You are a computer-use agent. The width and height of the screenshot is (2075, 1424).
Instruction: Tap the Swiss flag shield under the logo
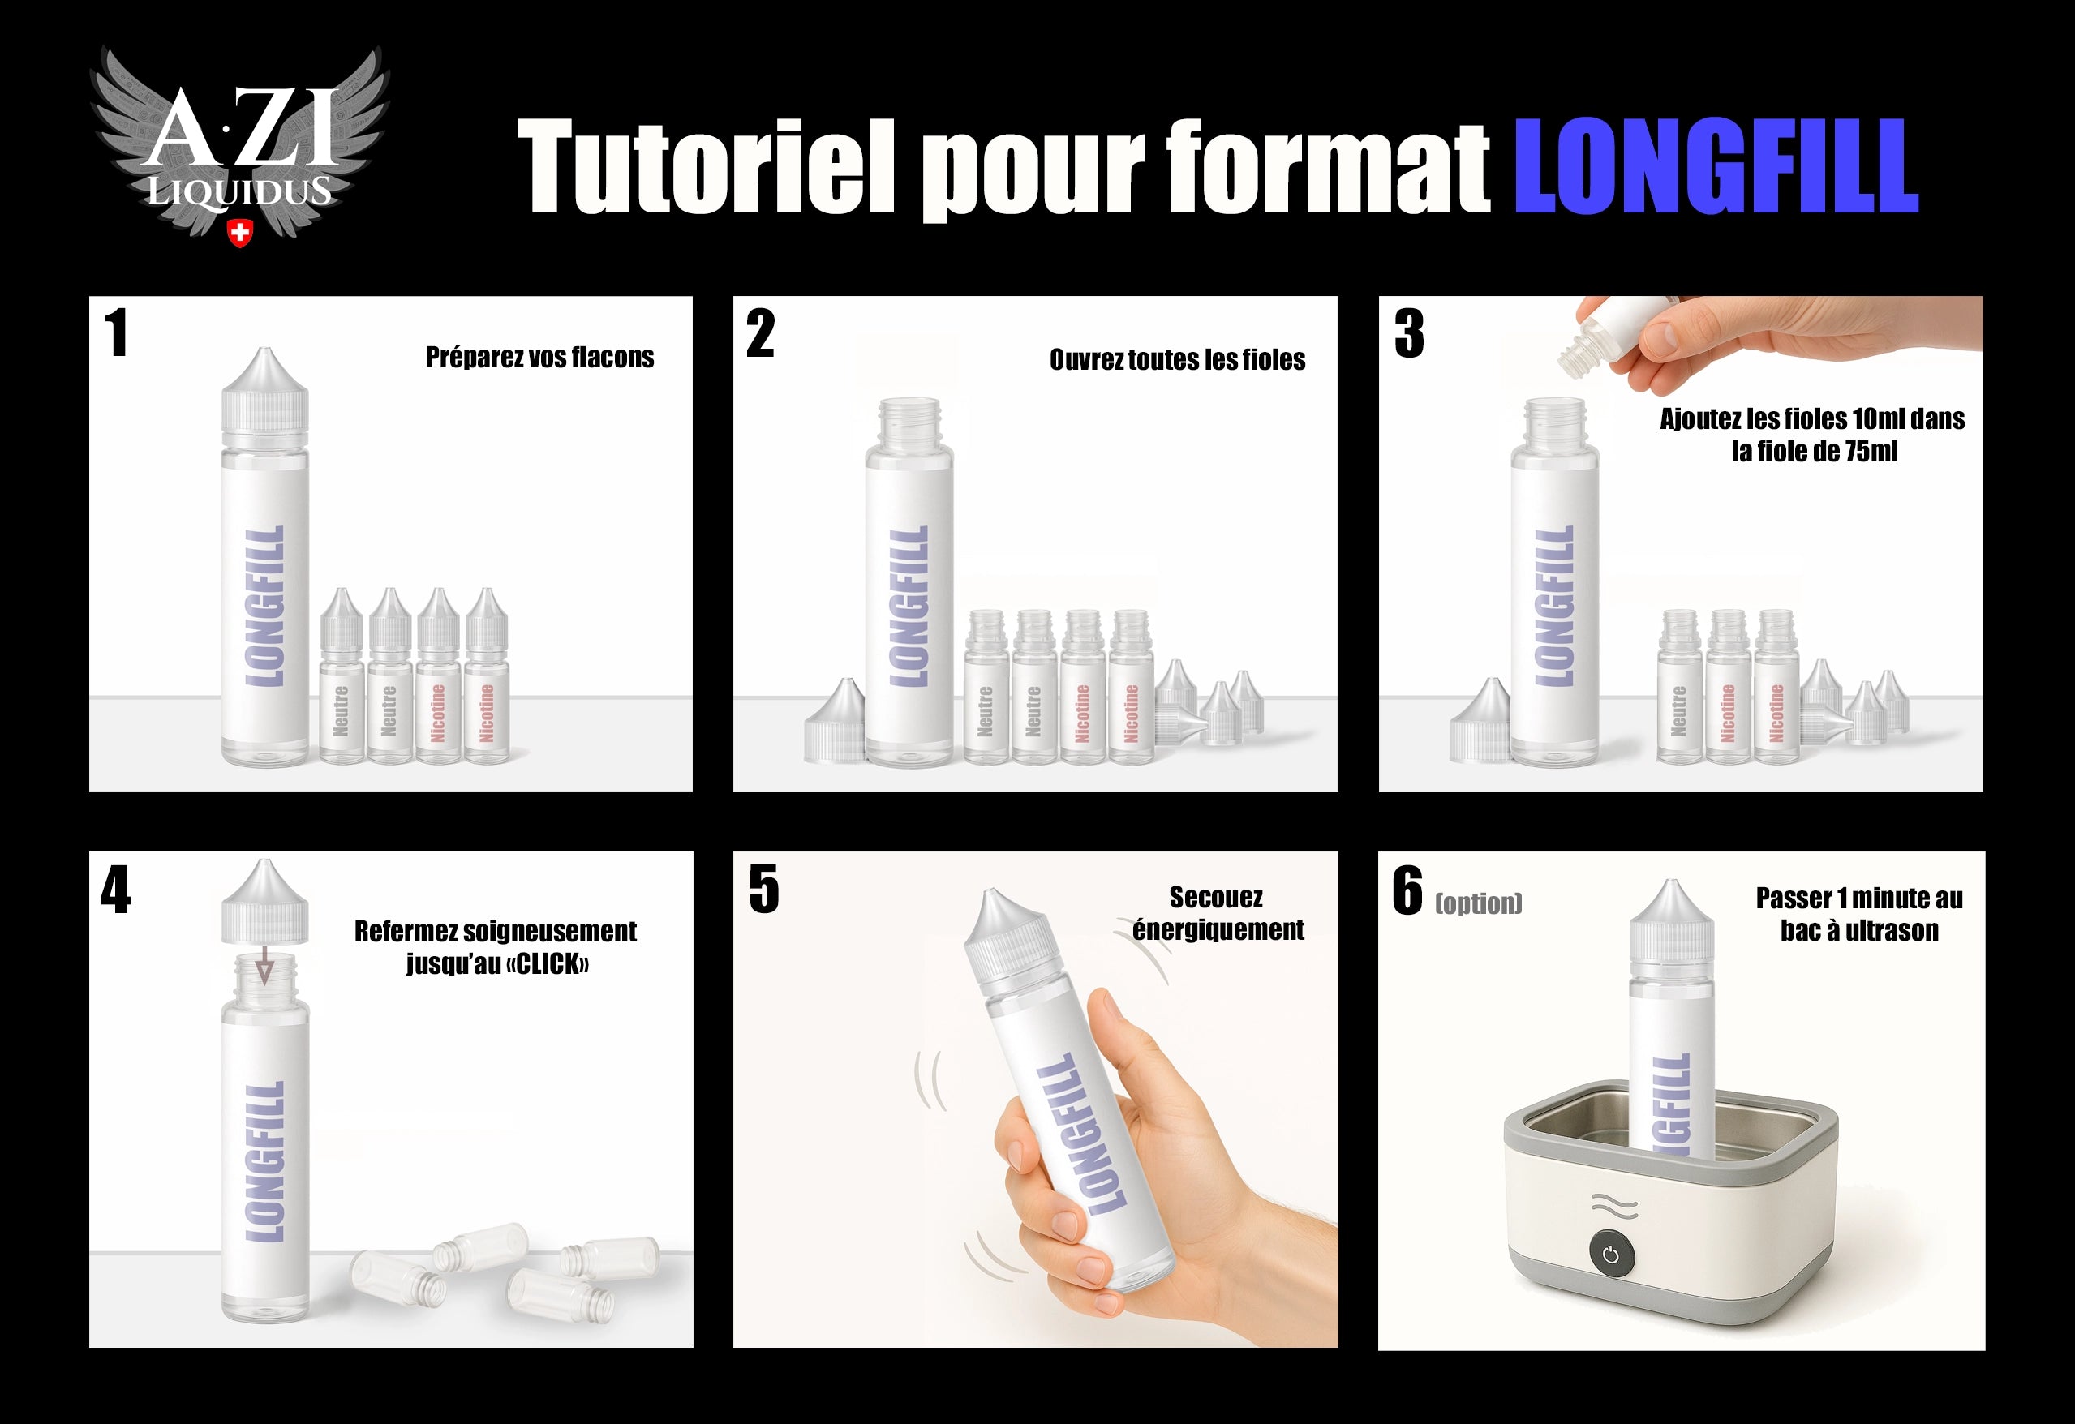239,233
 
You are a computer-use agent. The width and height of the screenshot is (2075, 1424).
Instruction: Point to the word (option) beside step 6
1478,903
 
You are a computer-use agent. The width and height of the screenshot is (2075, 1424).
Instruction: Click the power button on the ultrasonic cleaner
1611,1255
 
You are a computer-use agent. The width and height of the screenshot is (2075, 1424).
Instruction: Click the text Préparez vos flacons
539,357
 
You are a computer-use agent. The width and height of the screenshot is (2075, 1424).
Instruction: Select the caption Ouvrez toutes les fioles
1177,360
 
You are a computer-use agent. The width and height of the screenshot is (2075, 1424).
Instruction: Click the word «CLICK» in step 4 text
552,964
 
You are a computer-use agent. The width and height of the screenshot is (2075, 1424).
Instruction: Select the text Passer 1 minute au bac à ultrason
1859,914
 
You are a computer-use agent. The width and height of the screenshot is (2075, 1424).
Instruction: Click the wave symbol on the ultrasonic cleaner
1614,1206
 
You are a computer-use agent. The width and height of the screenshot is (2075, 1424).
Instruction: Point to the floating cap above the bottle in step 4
264,902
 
